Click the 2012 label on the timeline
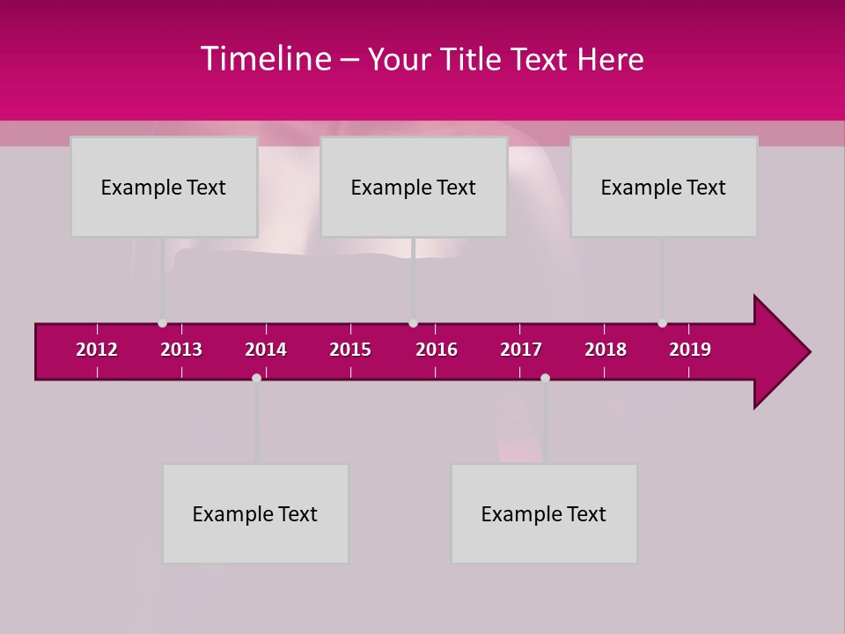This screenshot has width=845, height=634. tap(97, 350)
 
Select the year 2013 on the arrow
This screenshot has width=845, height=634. tap(181, 350)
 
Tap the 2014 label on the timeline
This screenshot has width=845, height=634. tap(266, 350)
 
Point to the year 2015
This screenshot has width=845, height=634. tap(350, 350)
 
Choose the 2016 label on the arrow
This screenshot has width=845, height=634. tap(437, 350)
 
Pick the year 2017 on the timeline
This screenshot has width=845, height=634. tap(521, 350)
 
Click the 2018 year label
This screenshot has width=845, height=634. tap(606, 350)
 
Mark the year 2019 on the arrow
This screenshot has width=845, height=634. tap(690, 350)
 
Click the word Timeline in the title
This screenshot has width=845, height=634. tap(267, 59)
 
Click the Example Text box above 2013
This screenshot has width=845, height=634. tap(164, 187)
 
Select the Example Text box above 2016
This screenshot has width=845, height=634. tap(414, 187)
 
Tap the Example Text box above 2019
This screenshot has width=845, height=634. tap(664, 187)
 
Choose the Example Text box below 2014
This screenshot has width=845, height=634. tap(255, 513)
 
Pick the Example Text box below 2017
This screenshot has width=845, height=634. tap(544, 513)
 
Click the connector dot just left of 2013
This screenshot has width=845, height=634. tap(162, 323)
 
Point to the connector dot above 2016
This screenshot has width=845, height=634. tap(413, 323)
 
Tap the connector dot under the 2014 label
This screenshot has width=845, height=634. tap(256, 378)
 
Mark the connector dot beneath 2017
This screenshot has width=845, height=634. tap(545, 378)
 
